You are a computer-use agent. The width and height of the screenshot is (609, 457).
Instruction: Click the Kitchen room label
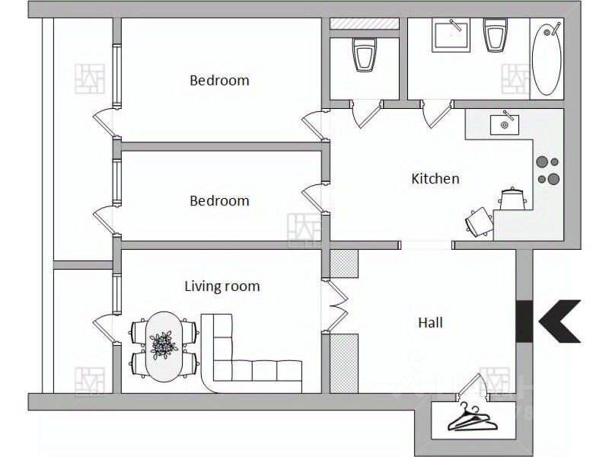point(435,179)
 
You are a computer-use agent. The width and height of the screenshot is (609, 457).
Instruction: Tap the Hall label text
point(430,322)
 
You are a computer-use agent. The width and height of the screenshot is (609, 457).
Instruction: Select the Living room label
point(222,286)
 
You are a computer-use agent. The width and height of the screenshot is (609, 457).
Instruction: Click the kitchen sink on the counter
point(504,123)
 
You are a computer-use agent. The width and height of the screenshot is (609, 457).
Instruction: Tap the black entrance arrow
point(560,321)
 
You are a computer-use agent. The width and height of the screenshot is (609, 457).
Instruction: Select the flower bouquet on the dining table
point(164,345)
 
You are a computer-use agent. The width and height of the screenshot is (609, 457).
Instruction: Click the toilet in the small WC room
point(365,54)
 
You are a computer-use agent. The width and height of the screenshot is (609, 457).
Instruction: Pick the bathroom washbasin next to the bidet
point(451,34)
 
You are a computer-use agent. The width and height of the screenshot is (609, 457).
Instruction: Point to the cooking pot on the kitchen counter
point(512,199)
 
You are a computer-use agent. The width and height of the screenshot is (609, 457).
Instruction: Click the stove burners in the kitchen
point(548,170)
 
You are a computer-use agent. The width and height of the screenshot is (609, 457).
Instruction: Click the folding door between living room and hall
point(336,306)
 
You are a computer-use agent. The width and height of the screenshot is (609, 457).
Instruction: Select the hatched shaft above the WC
point(365,24)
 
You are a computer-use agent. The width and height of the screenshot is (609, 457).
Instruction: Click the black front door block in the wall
point(524,321)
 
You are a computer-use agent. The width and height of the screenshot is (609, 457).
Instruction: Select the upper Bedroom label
point(219,81)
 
